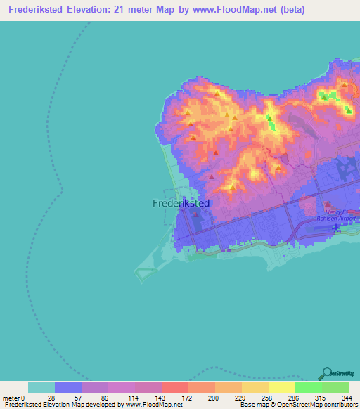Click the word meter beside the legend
(x=12, y=397)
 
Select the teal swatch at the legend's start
(x=41, y=387)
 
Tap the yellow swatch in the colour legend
(x=282, y=387)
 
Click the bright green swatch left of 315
(x=309, y=387)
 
